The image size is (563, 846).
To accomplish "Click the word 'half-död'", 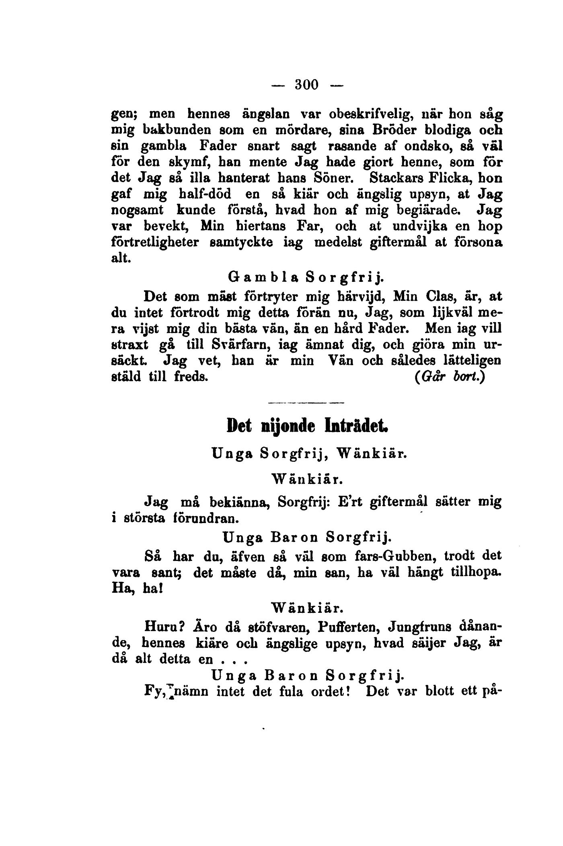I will point(205,194).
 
